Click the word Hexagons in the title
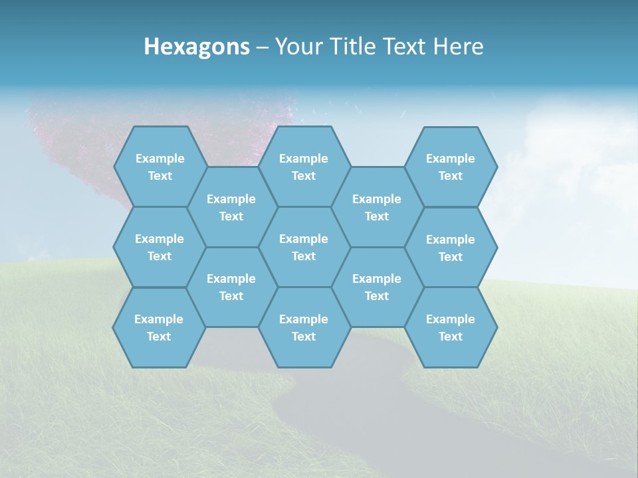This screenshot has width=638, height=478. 197,46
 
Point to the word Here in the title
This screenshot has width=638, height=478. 459,46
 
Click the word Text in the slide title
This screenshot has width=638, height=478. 405,46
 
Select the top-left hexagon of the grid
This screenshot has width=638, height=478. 159,167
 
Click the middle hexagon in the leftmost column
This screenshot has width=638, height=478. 159,247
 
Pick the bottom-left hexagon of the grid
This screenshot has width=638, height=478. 159,327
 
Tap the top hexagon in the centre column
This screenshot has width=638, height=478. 304,167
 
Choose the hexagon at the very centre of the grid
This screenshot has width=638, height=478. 304,247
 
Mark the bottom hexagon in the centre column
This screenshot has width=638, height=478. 304,327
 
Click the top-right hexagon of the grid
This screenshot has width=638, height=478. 451,167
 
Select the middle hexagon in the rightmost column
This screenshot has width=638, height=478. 451,248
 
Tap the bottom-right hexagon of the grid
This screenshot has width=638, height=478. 451,327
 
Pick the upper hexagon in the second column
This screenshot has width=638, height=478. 231,207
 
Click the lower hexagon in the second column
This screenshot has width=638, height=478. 231,287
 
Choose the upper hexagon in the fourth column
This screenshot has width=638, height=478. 377,207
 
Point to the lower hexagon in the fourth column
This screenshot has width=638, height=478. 377,287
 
